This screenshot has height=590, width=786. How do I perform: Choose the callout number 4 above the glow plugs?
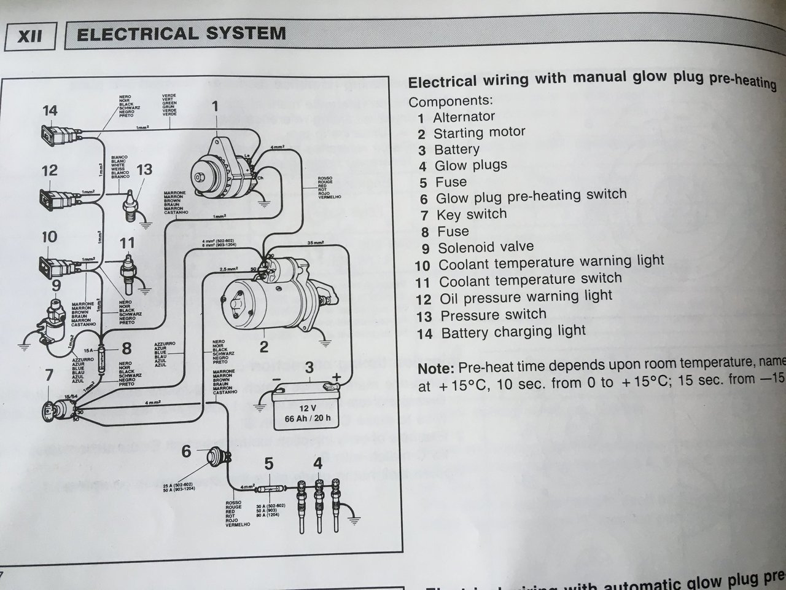317,463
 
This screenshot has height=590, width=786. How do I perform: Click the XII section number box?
30,35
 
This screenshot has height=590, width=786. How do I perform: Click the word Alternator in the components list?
464,117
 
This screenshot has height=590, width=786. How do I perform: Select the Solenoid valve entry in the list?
485,248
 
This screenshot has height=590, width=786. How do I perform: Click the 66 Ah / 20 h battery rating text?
308,418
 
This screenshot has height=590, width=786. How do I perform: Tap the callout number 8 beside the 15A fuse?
126,349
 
